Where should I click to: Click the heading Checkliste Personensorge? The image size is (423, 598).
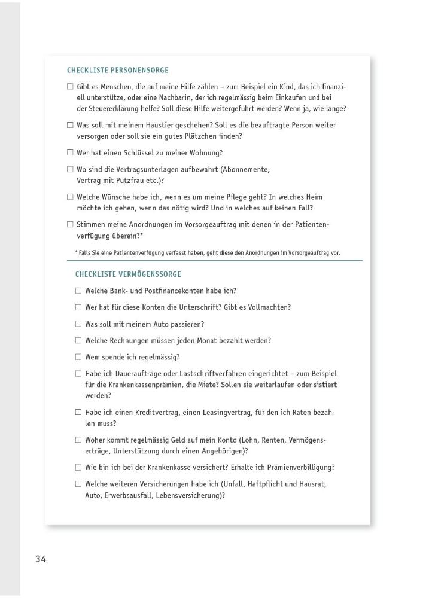118,70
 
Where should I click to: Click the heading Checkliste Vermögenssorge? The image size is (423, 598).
128,274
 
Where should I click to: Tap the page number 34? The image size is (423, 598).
41,559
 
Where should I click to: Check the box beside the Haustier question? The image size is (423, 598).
70,126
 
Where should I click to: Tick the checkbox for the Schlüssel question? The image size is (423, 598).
70,153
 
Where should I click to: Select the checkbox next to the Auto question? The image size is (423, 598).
78,324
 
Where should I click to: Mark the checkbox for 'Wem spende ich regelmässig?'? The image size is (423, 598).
78,357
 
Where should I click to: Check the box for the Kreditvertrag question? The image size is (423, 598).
78,412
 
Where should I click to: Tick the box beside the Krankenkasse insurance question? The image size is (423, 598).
78,468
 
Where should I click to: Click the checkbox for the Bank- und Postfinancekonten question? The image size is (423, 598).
78,291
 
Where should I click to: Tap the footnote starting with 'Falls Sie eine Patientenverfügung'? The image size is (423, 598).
208,252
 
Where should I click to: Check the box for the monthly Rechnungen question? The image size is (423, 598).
78,341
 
